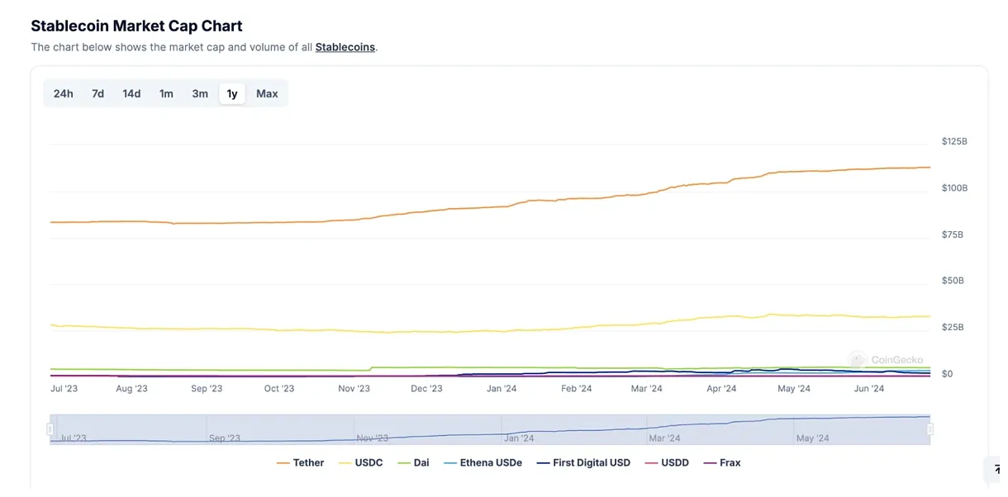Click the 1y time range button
coord(232,93)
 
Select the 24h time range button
coord(63,93)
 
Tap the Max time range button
coord(267,93)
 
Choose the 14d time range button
coord(131,93)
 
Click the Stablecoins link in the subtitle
coord(345,47)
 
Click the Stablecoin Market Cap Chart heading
coord(136,26)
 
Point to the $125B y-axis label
coord(954,141)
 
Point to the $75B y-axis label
coord(953,234)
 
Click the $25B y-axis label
coord(953,327)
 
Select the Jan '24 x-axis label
coord(502,389)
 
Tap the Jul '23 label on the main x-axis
coord(64,389)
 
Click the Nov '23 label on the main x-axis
coord(354,389)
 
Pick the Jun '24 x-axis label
coord(868,389)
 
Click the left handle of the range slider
coord(50,429)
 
